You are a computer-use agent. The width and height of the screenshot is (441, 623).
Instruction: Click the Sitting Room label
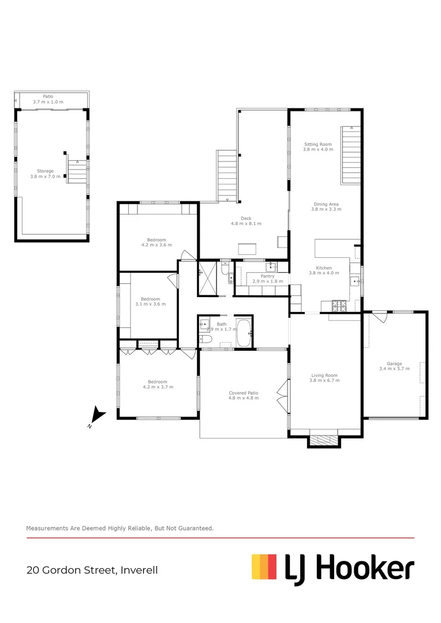click(x=318, y=144)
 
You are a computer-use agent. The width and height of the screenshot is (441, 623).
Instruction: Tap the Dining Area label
click(x=326, y=204)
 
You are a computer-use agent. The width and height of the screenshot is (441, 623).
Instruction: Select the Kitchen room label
click(x=323, y=268)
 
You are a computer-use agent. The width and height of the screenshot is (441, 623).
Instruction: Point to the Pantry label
click(x=267, y=276)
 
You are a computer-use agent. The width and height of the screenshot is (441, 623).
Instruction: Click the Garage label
click(x=394, y=364)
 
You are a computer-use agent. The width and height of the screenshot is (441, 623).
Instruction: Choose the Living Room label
click(x=323, y=376)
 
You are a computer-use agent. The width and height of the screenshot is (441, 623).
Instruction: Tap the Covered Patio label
click(x=244, y=393)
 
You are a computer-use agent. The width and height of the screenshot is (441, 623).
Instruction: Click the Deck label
click(x=246, y=218)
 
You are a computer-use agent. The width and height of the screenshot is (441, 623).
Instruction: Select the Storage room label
click(x=45, y=171)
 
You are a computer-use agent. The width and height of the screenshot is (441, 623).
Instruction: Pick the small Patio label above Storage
click(x=48, y=96)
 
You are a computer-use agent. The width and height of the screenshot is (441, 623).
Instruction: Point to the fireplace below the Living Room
click(x=323, y=440)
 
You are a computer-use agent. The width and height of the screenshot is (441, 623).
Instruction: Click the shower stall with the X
click(x=208, y=279)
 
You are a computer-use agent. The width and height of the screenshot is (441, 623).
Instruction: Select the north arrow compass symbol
click(x=98, y=414)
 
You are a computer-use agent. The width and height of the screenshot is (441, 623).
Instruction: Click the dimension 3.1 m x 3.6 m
click(x=150, y=304)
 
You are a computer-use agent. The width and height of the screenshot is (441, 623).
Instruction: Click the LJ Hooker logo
click(x=333, y=568)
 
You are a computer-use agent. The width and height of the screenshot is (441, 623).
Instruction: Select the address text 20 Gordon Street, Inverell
click(x=92, y=571)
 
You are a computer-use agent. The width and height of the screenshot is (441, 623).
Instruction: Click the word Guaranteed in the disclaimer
click(x=194, y=528)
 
